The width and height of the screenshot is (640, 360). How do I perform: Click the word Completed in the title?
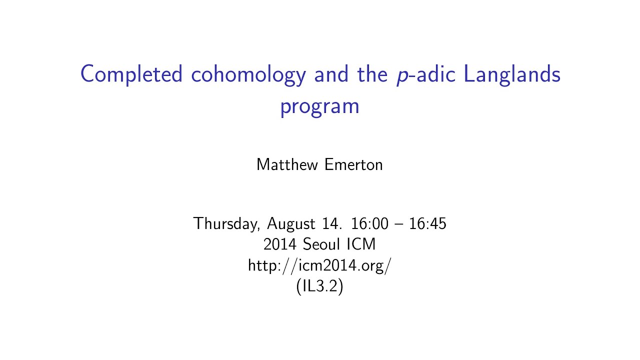click(x=131, y=75)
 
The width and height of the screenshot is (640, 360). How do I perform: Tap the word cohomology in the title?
click(x=248, y=75)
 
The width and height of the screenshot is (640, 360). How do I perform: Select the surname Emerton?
click(x=353, y=164)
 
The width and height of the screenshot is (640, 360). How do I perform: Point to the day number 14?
click(x=331, y=223)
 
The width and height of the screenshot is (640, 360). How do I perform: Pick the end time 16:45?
click(x=427, y=223)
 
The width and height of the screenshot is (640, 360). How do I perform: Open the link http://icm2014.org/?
click(x=319, y=265)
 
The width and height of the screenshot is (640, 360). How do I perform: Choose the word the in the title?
click(x=371, y=75)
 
